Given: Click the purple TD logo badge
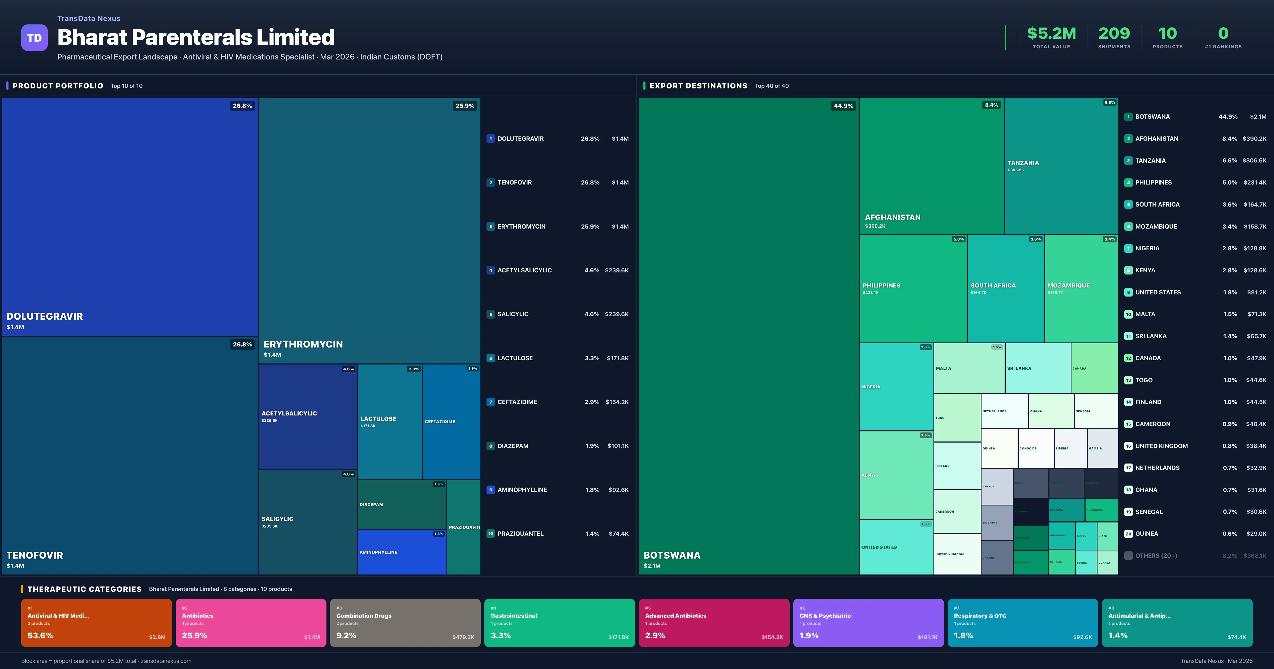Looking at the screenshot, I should tap(34, 38).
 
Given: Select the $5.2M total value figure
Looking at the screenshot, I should tap(1051, 34).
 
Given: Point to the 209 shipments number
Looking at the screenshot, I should tap(1114, 34).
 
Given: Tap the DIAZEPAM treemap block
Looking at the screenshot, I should tap(402, 505).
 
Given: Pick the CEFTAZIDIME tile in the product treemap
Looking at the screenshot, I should tap(451, 422).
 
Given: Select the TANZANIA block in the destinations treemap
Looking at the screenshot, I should tap(1061, 166).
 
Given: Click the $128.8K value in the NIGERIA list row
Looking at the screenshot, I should tap(1255, 248).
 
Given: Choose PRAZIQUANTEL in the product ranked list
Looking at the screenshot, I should tap(520, 533).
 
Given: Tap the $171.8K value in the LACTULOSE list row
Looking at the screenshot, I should tap(617, 358).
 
